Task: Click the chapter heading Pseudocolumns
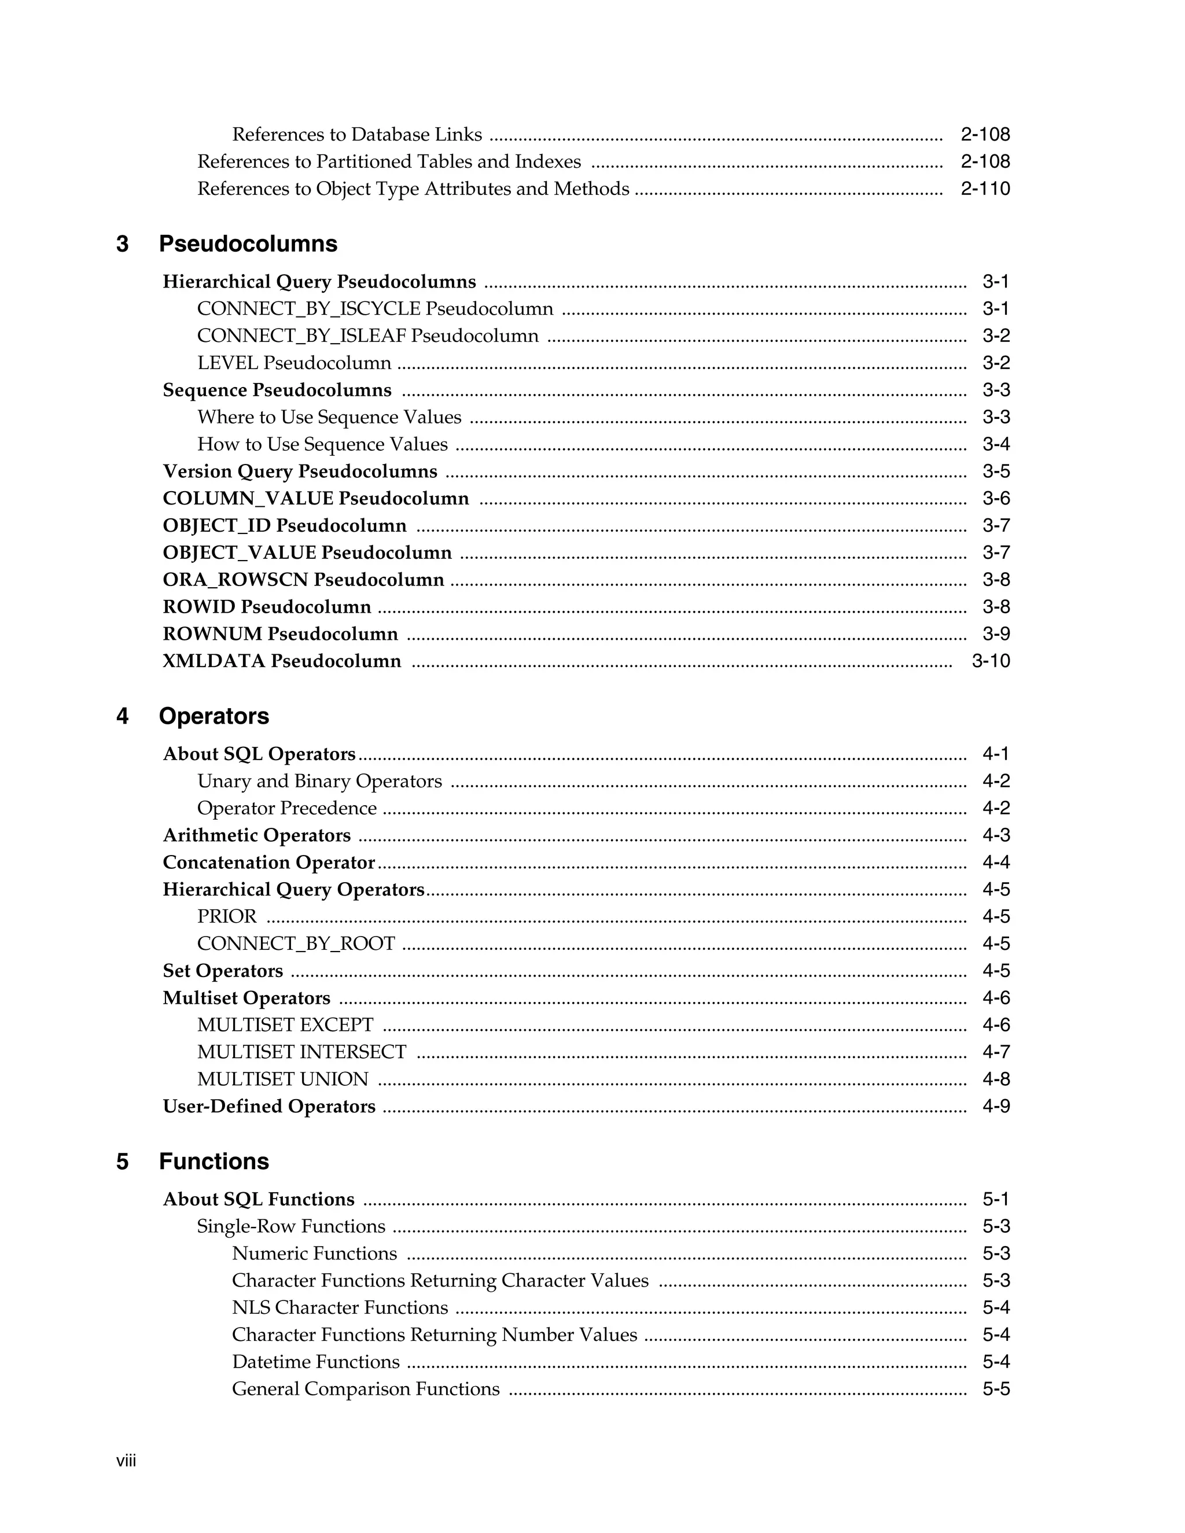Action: [x=248, y=244]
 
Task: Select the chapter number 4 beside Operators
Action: [x=122, y=716]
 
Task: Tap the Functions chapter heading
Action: [x=214, y=1161]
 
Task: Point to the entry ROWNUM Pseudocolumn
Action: [x=280, y=634]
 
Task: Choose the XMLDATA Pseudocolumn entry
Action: [x=282, y=661]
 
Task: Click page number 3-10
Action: [x=991, y=661]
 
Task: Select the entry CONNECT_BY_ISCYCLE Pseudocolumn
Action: [x=375, y=309]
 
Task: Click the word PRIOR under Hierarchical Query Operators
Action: [x=227, y=917]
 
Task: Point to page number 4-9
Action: [x=995, y=1106]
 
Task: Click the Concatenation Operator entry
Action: [x=269, y=863]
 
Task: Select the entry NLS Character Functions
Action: [x=340, y=1308]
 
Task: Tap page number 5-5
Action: [x=995, y=1389]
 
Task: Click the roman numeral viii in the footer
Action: [x=126, y=1461]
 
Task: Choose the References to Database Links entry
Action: [x=356, y=135]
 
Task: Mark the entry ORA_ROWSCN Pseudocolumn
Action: [x=303, y=580]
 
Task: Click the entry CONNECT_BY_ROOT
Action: [x=296, y=944]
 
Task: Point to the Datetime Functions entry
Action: [x=315, y=1362]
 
